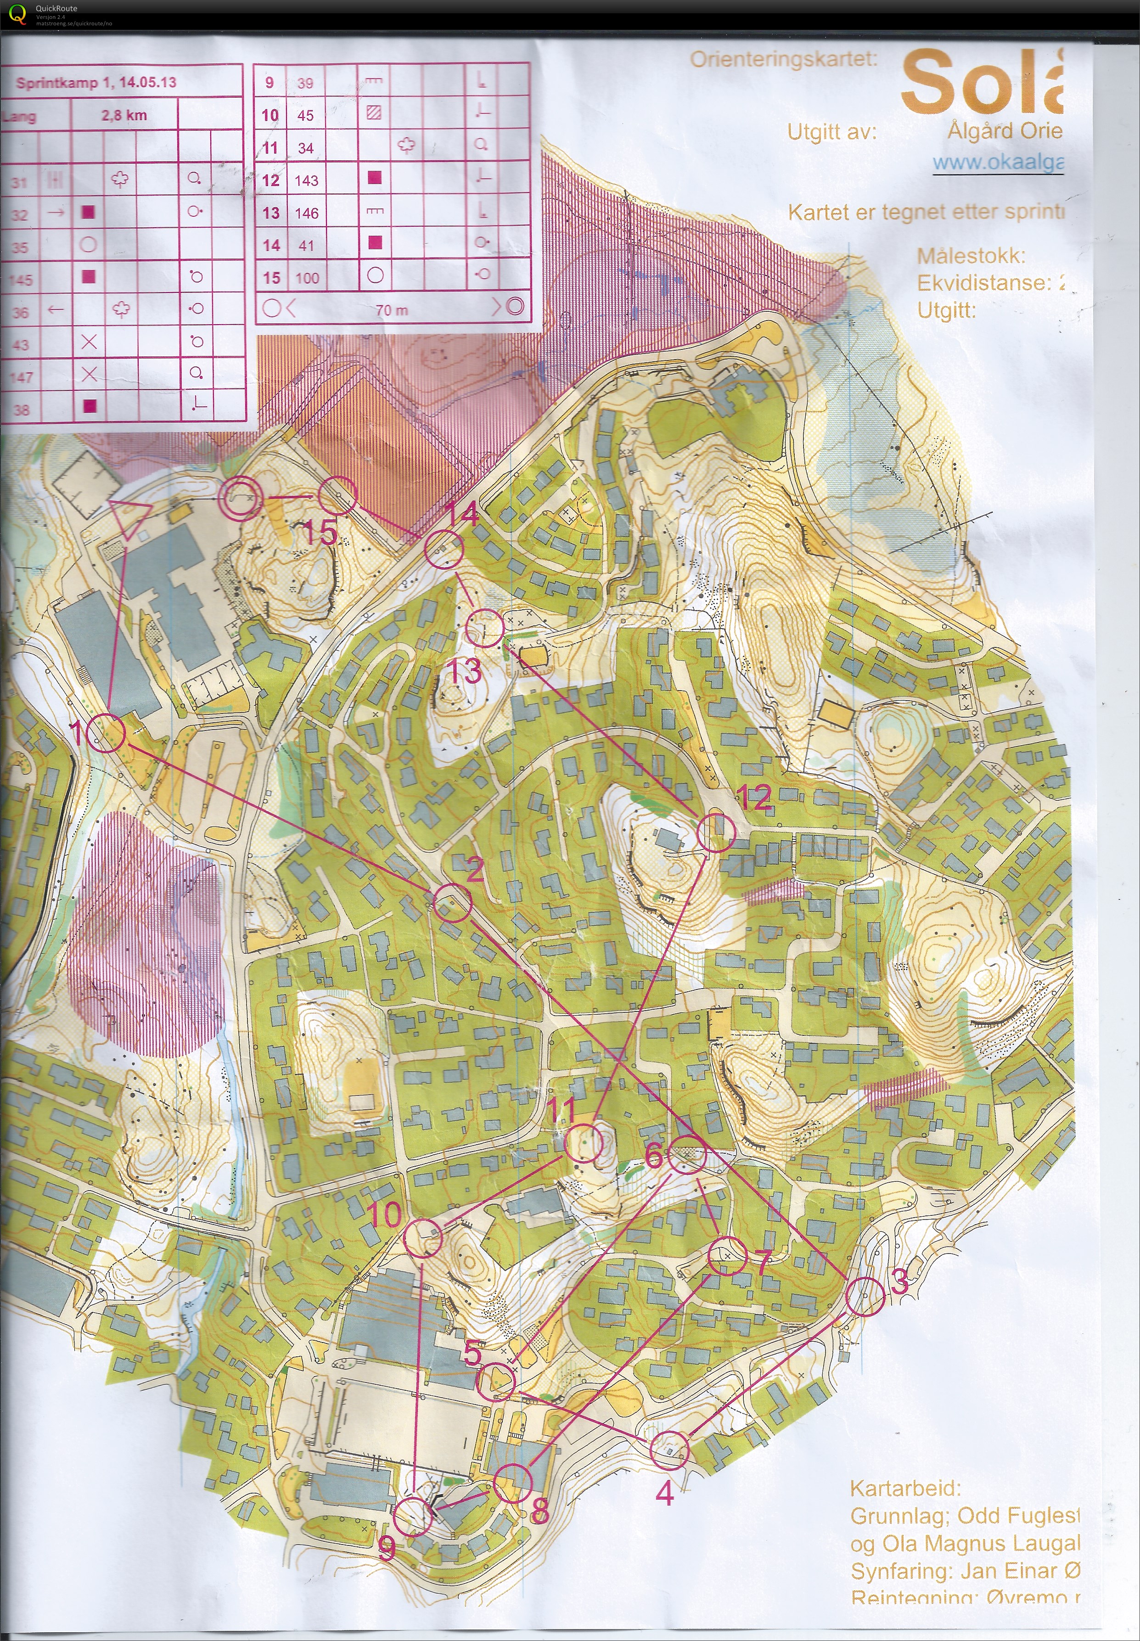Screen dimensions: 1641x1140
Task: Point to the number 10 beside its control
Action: point(384,1214)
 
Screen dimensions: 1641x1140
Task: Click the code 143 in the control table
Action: point(306,180)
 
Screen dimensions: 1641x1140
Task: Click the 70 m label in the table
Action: point(392,310)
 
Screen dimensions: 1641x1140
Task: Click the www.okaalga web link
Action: point(997,163)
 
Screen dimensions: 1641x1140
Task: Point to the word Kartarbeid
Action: point(905,1488)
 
